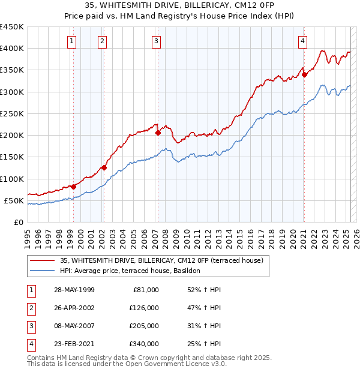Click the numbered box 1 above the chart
pyautogui.click(x=72, y=41)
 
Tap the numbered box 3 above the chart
pyautogui.click(x=156, y=41)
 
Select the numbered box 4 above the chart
pyautogui.click(x=303, y=41)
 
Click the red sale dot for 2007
pyautogui.click(x=158, y=133)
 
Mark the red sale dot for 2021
pyautogui.click(x=304, y=74)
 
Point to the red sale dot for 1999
pyautogui.click(x=73, y=187)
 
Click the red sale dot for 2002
pyautogui.click(x=104, y=167)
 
